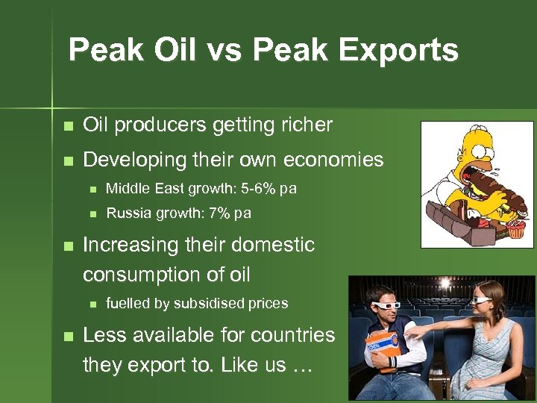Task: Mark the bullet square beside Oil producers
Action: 69,125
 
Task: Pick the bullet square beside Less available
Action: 69,336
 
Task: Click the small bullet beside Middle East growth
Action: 92,190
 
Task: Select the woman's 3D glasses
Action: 482,300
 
